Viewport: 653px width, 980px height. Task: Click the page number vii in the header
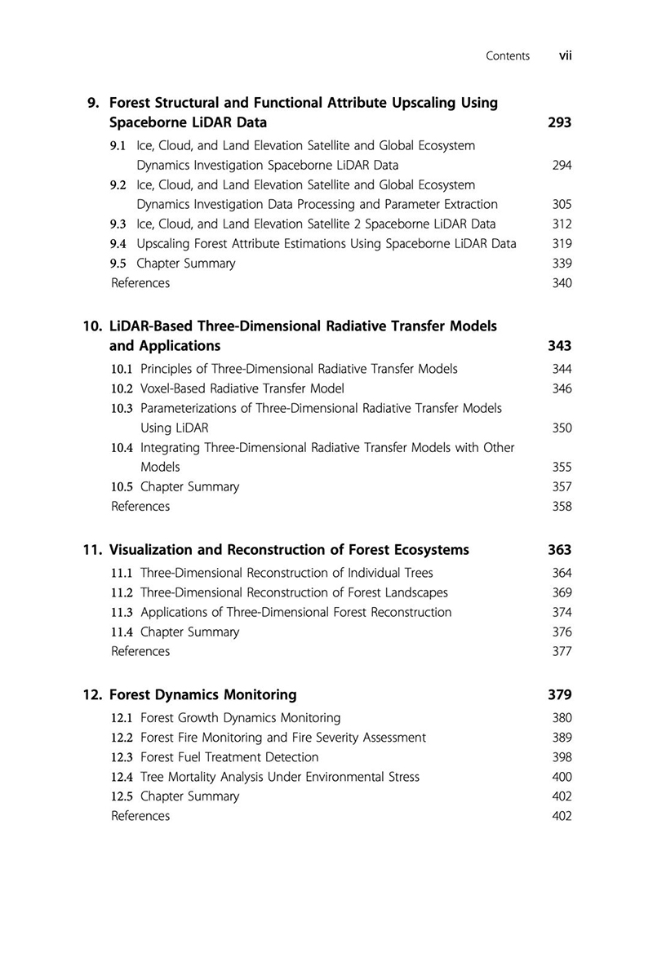coord(565,55)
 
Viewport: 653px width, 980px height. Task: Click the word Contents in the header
coord(507,56)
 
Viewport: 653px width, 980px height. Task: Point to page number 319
coord(562,244)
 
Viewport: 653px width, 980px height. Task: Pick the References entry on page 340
coord(140,283)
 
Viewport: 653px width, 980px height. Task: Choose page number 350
coord(562,428)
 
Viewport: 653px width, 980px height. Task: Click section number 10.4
coord(122,448)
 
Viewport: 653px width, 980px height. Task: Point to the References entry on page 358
coord(140,507)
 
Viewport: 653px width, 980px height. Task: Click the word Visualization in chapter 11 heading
coord(149,550)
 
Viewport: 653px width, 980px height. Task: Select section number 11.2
coord(122,592)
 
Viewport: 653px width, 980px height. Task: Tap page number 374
coord(562,612)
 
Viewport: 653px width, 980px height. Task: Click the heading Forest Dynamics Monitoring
coord(202,695)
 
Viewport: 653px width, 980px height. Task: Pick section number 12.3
coord(122,757)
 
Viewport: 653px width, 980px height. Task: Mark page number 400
coord(562,777)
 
